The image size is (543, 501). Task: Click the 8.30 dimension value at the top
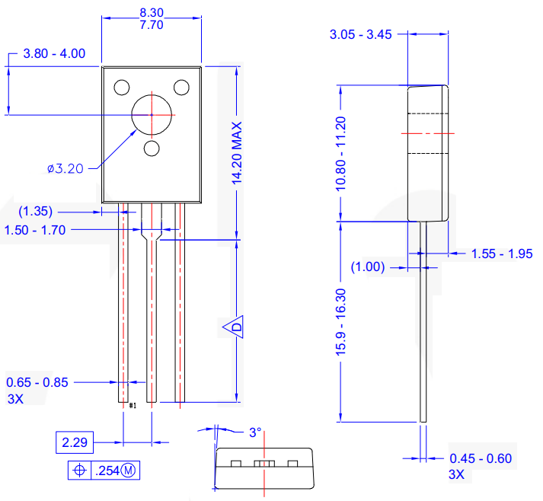[152, 13]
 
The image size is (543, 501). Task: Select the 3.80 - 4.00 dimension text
[54, 53]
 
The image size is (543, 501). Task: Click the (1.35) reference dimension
[35, 211]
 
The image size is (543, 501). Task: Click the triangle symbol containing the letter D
[235, 327]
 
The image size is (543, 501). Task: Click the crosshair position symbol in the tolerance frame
[78, 471]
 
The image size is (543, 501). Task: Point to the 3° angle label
[255, 432]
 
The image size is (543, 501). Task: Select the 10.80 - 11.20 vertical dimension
[340, 154]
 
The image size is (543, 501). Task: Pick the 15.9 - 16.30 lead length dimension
[340, 321]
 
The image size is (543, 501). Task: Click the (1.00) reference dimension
[368, 267]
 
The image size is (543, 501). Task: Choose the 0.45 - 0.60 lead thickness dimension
[481, 458]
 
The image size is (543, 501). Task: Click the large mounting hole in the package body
[152, 115]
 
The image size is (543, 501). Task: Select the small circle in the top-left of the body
[122, 87]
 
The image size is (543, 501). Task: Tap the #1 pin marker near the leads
[133, 406]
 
